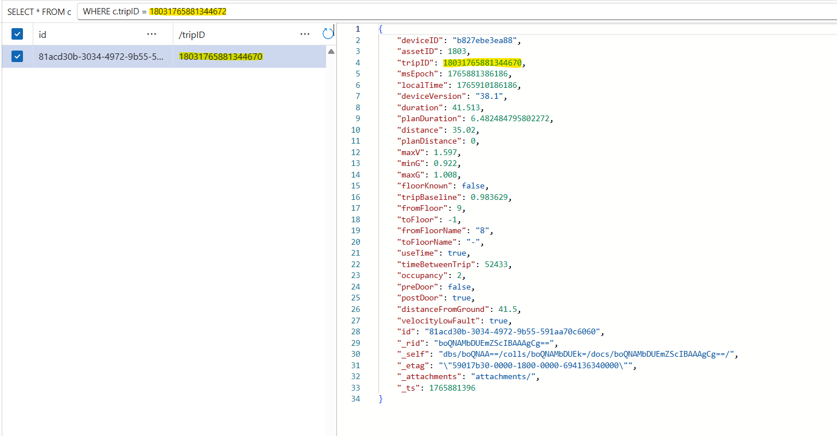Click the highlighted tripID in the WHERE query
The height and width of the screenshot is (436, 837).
click(x=188, y=11)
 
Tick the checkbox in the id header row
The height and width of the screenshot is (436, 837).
click(x=17, y=34)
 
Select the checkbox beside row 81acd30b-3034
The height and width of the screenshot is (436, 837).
click(x=17, y=56)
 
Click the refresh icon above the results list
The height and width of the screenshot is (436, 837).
click(x=328, y=34)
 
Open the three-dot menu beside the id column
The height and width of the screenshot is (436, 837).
click(x=152, y=34)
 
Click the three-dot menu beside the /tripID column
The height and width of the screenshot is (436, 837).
click(x=305, y=34)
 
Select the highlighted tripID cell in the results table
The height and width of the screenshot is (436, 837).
click(x=220, y=56)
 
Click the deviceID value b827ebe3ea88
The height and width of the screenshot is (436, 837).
click(x=485, y=40)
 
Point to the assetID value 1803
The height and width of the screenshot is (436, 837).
click(x=456, y=52)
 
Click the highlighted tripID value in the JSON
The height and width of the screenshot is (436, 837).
click(x=482, y=63)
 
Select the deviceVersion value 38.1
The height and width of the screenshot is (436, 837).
click(x=489, y=97)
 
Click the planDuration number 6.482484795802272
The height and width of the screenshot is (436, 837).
click(x=510, y=119)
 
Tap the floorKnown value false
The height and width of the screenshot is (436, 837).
click(x=473, y=186)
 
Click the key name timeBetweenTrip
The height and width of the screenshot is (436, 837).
click(x=436, y=264)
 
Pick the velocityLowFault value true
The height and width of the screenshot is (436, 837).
click(x=498, y=321)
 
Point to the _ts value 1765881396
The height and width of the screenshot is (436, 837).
click(x=452, y=388)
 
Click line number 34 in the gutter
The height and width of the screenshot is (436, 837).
click(x=355, y=399)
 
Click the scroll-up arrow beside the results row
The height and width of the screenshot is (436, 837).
click(x=331, y=52)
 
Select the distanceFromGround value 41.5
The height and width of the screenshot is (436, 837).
click(x=507, y=309)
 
